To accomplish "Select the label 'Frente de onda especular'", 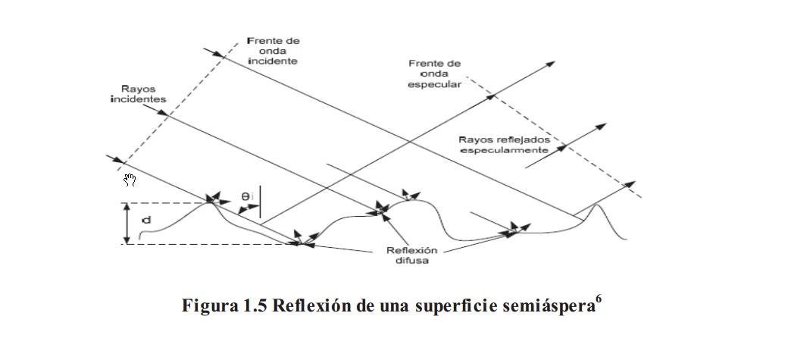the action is tap(434, 74).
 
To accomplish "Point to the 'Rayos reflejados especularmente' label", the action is tap(503, 145).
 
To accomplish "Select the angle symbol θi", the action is tap(248, 196).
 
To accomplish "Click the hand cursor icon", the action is tap(130, 180).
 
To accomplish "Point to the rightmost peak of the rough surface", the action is tap(598, 205).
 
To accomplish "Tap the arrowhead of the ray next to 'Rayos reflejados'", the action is tap(601, 126).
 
